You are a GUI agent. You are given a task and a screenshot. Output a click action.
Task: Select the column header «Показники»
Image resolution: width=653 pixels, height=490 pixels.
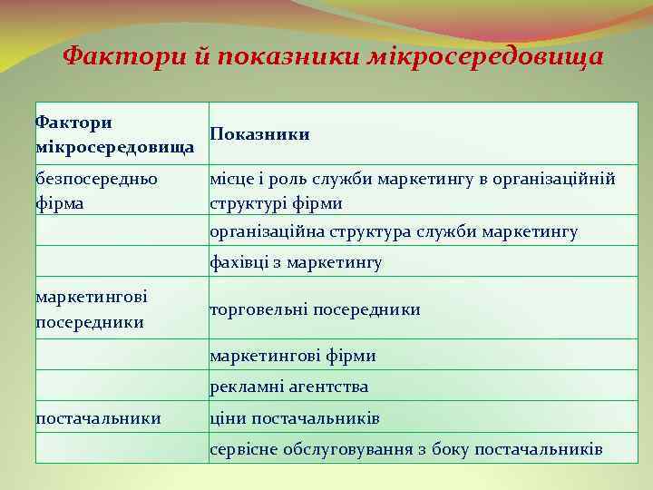pos(259,134)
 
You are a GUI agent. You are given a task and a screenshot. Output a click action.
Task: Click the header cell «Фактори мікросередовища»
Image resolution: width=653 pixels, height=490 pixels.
pos(114,133)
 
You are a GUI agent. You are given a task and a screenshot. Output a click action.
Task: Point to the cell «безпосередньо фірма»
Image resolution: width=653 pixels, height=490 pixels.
pos(95,190)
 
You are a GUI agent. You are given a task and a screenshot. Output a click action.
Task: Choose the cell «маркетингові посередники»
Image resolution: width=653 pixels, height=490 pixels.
pos(92,309)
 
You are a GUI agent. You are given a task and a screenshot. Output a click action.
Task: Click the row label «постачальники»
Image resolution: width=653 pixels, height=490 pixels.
pos(98,418)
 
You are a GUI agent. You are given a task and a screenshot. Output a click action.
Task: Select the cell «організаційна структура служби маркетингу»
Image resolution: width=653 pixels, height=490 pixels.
pos(394,232)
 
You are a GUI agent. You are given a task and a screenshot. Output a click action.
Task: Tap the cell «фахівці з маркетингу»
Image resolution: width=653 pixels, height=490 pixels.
pos(296,263)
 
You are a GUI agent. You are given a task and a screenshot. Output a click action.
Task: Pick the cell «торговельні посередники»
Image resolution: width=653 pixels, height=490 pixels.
pos(315,309)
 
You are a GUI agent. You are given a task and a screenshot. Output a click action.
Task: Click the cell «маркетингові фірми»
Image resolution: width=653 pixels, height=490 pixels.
pos(292,356)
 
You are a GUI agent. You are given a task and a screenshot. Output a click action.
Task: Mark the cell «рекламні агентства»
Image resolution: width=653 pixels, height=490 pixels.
pos(288,387)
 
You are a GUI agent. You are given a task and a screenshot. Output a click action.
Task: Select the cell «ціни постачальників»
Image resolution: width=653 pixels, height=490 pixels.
pos(295,418)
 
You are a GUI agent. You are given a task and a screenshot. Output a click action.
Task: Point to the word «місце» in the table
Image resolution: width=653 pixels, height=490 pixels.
pos(230,180)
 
